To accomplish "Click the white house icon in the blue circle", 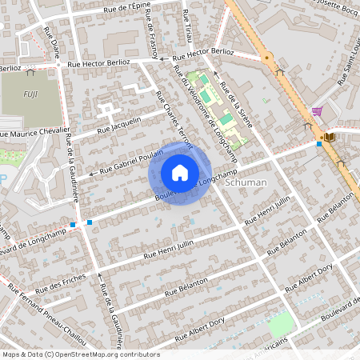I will (180, 172).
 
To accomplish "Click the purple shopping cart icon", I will (317, 112).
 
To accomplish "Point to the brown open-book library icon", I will (330, 138).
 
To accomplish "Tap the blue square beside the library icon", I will (319, 144).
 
